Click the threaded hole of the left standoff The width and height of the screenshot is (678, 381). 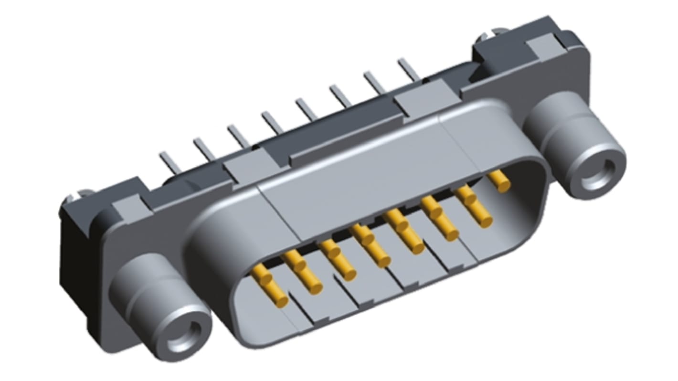coord(182,335)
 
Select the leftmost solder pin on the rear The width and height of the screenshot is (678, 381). coord(169,162)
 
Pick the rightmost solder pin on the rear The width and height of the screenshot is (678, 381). coord(408,69)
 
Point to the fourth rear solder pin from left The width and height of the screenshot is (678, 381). coord(271,122)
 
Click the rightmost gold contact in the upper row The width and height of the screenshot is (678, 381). coord(499,181)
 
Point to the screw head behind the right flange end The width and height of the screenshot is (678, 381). coord(485,33)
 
